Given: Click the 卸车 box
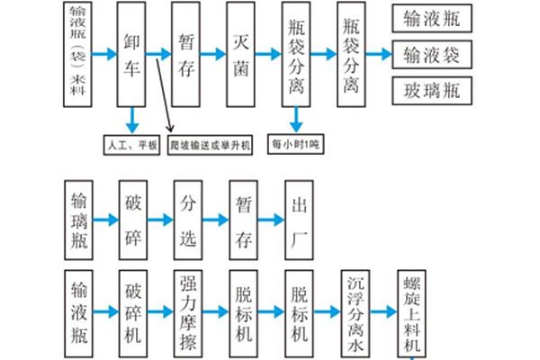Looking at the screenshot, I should click(133, 53).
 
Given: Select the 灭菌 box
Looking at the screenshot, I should click(242, 53).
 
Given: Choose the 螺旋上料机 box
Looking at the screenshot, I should click(410, 312).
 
